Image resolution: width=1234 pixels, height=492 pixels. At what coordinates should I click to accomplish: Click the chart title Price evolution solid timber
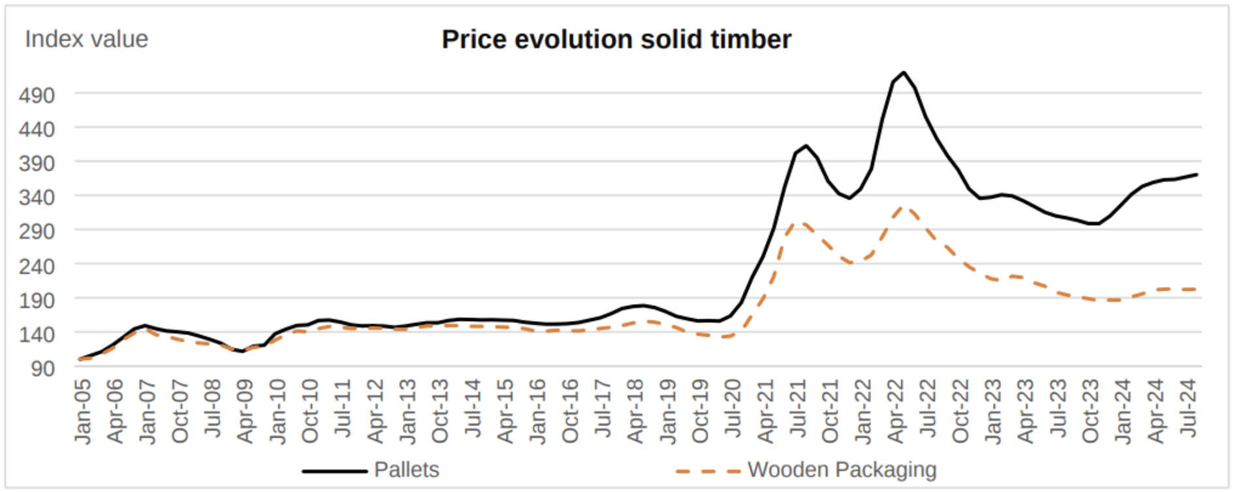[x=616, y=40]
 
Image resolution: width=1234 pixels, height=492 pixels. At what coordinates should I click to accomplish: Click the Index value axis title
[x=86, y=39]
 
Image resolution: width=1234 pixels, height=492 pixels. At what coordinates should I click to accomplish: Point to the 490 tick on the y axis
[x=37, y=95]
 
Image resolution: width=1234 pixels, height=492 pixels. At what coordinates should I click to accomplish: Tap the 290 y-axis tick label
[x=37, y=231]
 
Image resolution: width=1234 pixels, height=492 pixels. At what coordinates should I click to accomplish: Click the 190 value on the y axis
[x=37, y=300]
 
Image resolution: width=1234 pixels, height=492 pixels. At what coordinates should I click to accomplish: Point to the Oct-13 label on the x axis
[x=440, y=411]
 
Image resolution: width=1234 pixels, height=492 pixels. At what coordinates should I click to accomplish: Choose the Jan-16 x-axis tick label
[x=537, y=411]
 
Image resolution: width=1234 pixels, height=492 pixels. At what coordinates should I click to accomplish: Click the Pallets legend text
[x=406, y=470]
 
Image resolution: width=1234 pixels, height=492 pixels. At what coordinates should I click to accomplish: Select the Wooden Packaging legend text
[x=842, y=470]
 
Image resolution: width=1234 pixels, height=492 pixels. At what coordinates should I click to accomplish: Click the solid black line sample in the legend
[x=334, y=470]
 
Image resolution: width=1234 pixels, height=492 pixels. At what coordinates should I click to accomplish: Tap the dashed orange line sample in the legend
[x=708, y=470]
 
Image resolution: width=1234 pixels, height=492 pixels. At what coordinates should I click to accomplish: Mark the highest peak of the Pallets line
[x=904, y=72]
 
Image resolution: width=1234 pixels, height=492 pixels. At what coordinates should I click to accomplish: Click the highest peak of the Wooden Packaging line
[x=904, y=208]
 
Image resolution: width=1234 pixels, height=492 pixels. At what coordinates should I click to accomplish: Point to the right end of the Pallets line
[x=1197, y=174]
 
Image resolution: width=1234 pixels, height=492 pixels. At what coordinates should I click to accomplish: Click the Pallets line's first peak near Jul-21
[x=806, y=146]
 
